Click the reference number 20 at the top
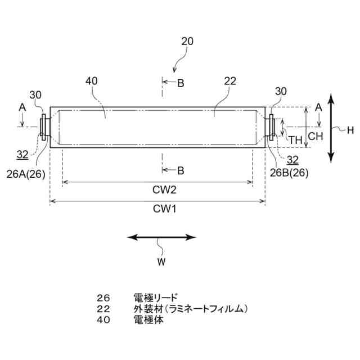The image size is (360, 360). tap(187, 41)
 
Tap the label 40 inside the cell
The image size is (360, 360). tap(92, 81)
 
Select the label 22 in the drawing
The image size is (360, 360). tap(230, 81)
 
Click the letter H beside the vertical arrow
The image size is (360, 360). tap(350, 130)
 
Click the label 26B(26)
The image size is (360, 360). tap(289, 173)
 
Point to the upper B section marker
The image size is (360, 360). tap(180, 83)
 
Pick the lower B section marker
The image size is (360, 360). tap(180, 170)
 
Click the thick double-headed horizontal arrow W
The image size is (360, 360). tap(162, 237)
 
